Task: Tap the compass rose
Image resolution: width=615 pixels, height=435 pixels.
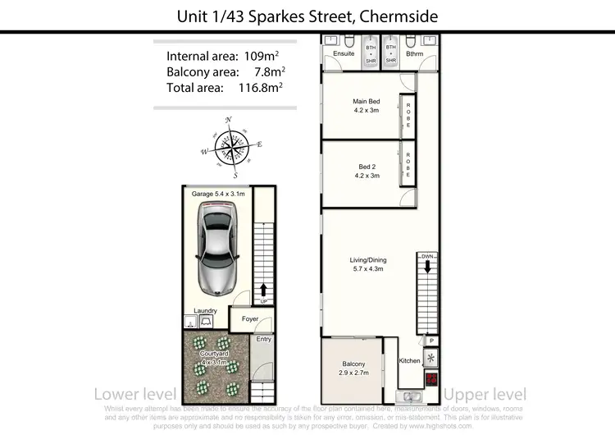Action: (232, 149)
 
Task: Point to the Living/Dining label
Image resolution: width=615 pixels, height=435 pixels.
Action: (367, 264)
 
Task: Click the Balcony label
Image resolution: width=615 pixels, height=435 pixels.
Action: (354, 368)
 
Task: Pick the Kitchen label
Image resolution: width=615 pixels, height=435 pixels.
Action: (409, 360)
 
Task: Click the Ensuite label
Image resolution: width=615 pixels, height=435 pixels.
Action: (344, 54)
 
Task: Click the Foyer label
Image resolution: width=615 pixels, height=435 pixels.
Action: (249, 318)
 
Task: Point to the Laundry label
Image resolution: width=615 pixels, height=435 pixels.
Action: (204, 311)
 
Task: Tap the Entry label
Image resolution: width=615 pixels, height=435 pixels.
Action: (263, 339)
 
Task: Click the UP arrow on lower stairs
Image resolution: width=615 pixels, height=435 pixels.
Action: (263, 291)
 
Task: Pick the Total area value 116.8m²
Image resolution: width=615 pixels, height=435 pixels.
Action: (261, 85)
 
